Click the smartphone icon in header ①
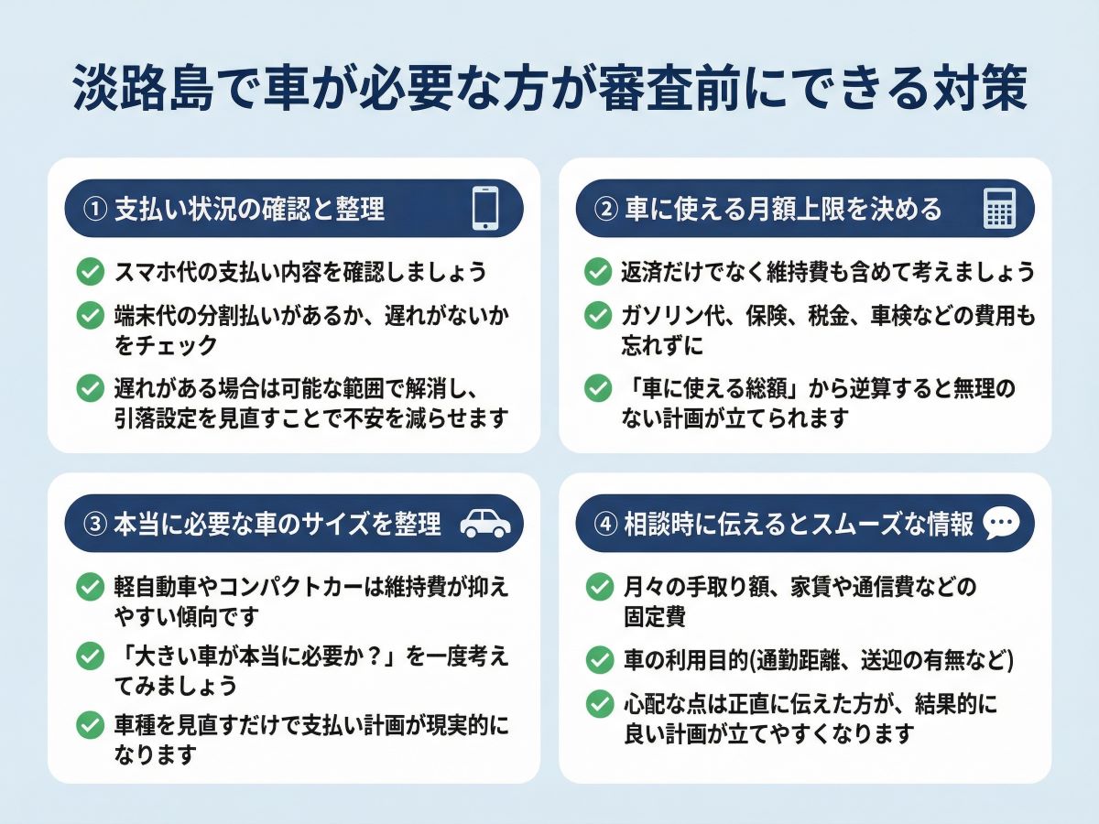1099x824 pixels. (485, 208)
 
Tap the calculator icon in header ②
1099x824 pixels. (999, 208)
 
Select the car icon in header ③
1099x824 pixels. (485, 524)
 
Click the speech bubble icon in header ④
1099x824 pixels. (1001, 524)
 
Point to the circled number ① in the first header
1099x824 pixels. (95, 209)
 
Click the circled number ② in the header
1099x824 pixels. (606, 209)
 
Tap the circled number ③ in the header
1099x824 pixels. (95, 525)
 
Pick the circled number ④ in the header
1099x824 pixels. (606, 525)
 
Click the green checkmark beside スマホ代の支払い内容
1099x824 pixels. (91, 272)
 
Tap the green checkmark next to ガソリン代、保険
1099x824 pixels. (598, 315)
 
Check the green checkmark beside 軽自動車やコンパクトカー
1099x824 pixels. (91, 586)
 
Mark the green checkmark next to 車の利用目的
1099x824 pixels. (599, 660)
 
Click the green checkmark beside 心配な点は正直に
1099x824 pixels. (599, 704)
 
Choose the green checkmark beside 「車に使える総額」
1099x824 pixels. (598, 388)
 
